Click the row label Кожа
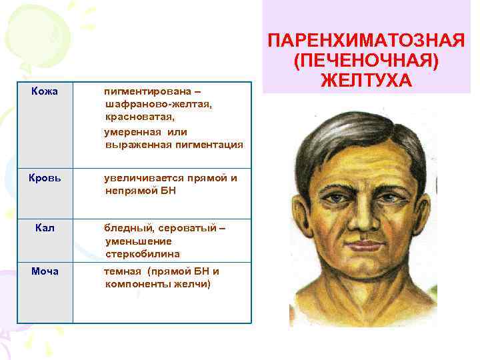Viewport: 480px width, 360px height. click(44, 91)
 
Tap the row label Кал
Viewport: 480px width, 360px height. click(44, 229)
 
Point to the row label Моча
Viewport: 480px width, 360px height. click(45, 271)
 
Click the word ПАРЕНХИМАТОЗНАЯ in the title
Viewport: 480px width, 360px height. click(366, 41)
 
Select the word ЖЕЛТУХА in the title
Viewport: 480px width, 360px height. click(366, 81)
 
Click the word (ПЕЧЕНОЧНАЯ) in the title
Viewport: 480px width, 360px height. click(366, 61)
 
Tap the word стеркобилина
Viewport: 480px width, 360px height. click(142, 254)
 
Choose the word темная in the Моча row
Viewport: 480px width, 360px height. click(123, 271)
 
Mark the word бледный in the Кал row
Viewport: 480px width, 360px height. click(125, 229)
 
